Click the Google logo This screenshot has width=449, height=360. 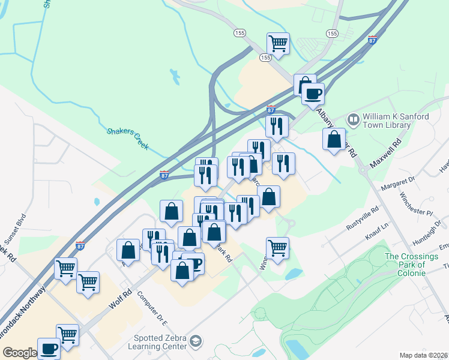pos(19,353)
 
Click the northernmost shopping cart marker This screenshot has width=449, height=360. pos(279,43)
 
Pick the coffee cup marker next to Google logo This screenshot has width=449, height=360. pos(49,348)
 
